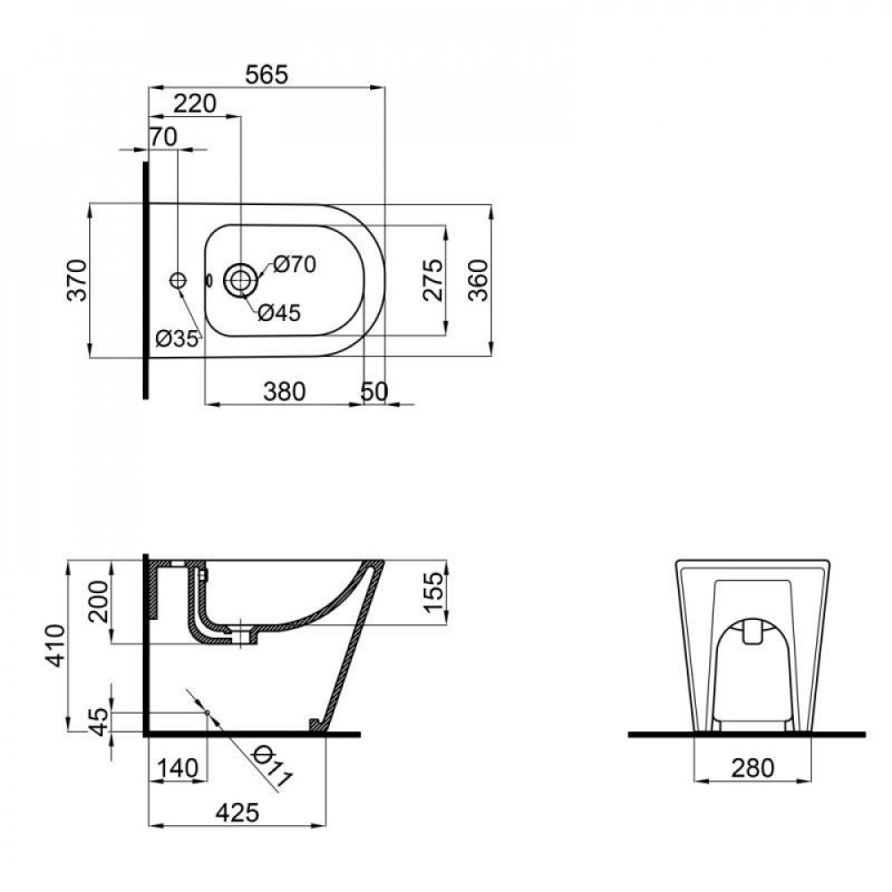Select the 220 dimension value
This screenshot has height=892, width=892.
pyautogui.click(x=194, y=103)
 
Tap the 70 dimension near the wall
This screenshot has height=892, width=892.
pyautogui.click(x=163, y=136)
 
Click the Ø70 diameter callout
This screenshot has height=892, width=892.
pyautogui.click(x=294, y=264)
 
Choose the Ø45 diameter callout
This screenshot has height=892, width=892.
pyautogui.click(x=279, y=313)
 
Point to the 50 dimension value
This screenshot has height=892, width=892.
pyautogui.click(x=374, y=391)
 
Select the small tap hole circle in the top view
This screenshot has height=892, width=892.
pyautogui.click(x=178, y=280)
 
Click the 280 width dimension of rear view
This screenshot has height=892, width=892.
pyautogui.click(x=751, y=767)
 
